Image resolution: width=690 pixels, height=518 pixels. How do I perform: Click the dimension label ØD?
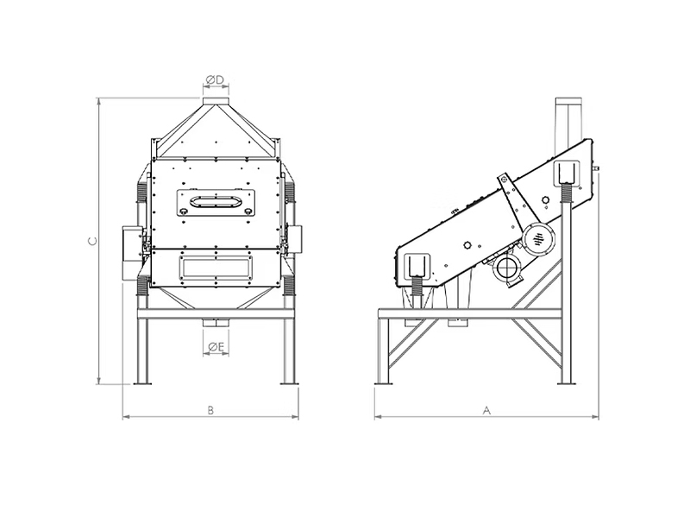click(215, 79)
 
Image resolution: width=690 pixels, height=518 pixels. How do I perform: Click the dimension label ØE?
click(216, 348)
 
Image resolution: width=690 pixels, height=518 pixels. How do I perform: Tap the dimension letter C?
click(92, 241)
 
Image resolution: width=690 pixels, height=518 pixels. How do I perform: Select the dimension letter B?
click(210, 410)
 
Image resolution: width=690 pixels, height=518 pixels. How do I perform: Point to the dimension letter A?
click(486, 411)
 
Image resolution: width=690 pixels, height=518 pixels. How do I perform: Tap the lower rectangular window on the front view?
click(216, 268)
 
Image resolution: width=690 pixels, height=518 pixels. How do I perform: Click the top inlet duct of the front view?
click(216, 101)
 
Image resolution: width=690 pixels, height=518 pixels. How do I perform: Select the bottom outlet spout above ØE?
click(216, 323)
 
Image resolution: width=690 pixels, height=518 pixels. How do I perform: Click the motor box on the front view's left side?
click(131, 252)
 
